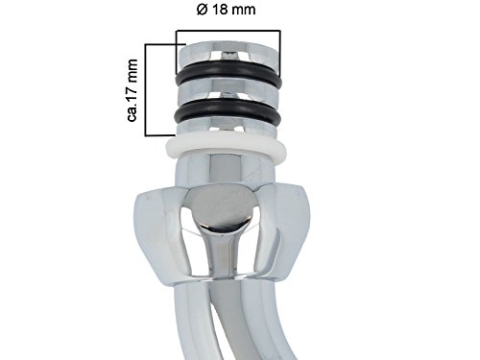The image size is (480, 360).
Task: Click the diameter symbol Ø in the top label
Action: point(202,10)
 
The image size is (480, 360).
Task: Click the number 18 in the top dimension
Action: point(219,10)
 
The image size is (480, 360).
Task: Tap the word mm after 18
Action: point(243,10)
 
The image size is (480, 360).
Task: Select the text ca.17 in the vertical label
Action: point(132,100)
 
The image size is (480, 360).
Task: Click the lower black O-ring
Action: point(228,112)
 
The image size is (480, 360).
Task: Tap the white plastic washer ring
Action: point(226,148)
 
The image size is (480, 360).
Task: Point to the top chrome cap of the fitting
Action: point(228,54)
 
